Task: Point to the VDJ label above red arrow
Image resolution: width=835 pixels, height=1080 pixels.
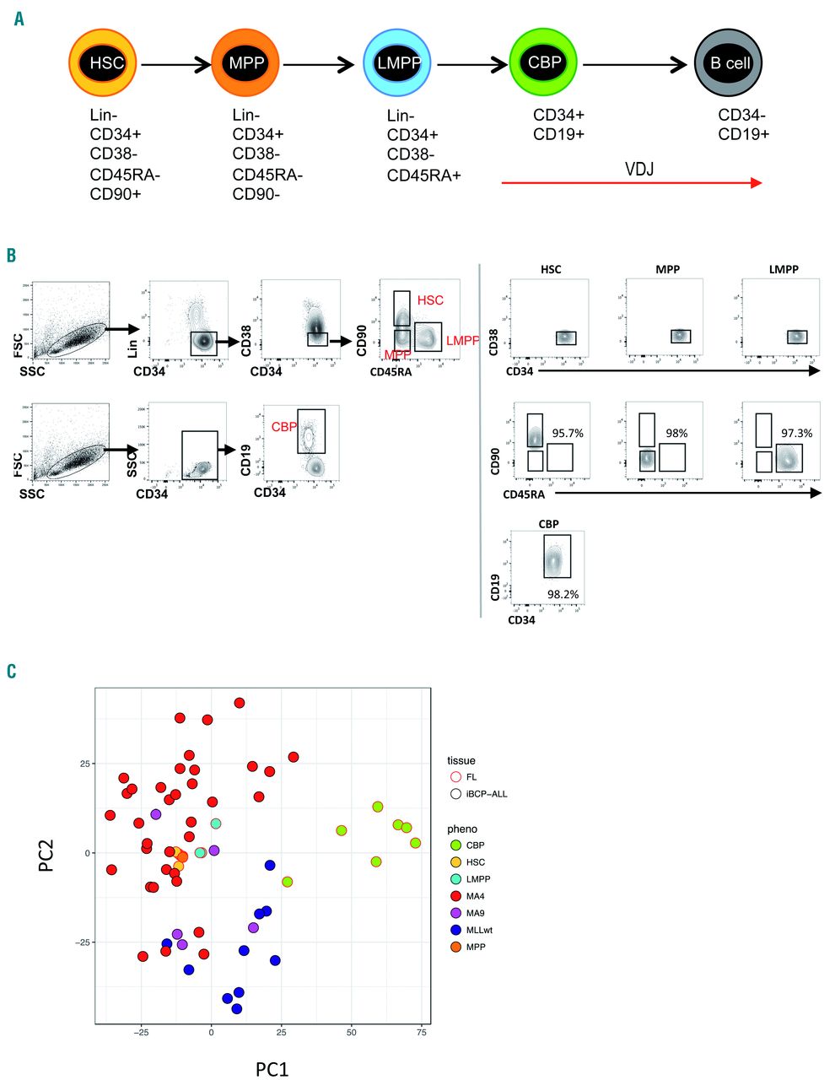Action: click(638, 170)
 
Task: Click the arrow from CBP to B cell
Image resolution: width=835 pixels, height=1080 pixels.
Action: click(635, 64)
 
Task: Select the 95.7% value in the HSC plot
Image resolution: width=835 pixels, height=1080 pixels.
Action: click(568, 433)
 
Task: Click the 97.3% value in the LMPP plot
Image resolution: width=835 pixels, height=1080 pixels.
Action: click(796, 433)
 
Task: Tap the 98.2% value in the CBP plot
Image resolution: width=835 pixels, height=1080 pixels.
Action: click(563, 594)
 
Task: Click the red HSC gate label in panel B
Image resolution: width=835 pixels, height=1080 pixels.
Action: click(430, 300)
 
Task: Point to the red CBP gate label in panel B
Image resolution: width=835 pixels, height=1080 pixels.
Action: click(284, 427)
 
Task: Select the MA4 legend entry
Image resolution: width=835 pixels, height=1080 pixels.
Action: click(475, 896)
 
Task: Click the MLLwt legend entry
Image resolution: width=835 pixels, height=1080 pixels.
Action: click(478, 930)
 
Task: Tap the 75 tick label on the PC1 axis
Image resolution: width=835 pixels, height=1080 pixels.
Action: click(422, 1032)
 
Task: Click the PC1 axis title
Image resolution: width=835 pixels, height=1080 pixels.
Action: click(272, 1069)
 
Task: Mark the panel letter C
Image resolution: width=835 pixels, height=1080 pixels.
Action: click(11, 672)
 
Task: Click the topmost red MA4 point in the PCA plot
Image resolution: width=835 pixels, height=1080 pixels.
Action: click(240, 703)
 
